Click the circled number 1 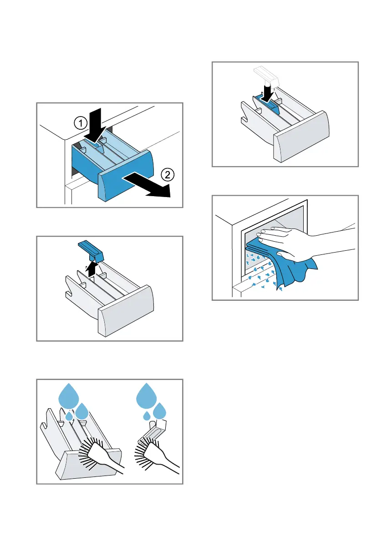(79, 123)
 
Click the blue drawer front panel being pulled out (126, 175)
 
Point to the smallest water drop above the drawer (68, 416)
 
